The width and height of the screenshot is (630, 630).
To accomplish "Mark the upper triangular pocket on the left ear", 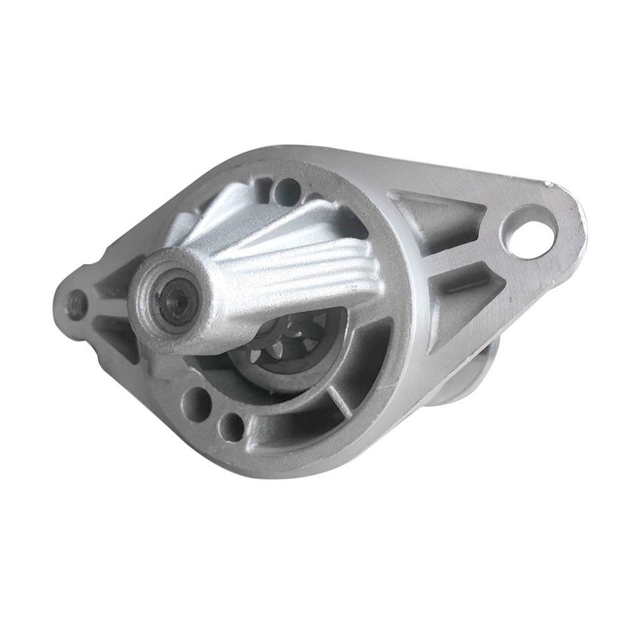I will click(x=113, y=283).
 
